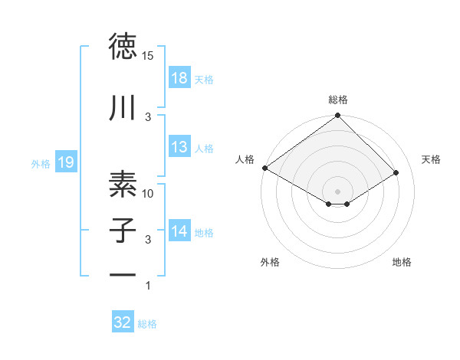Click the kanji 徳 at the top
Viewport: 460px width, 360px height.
(x=122, y=47)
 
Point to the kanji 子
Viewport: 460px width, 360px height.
(x=122, y=230)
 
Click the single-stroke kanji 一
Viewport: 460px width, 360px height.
(x=122, y=273)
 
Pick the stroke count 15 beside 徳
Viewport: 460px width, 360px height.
(x=148, y=55)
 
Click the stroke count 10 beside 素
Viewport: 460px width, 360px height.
(x=148, y=194)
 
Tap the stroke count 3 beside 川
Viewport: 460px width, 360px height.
(x=148, y=116)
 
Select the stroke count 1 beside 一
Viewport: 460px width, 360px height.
(x=148, y=286)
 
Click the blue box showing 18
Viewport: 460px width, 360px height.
(x=179, y=78)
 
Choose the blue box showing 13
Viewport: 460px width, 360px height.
(x=179, y=147)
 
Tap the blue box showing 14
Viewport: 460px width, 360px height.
(x=179, y=231)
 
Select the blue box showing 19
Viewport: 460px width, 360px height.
(x=65, y=162)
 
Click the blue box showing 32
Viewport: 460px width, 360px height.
(x=123, y=322)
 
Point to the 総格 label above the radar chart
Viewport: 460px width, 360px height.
(x=338, y=100)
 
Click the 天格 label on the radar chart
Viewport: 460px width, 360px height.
(x=432, y=159)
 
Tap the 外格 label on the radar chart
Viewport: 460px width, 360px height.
(x=270, y=263)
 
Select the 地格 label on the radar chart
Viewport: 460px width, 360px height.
(x=402, y=263)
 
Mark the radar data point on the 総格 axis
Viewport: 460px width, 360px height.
(x=338, y=116)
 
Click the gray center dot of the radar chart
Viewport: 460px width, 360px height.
(x=338, y=190)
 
